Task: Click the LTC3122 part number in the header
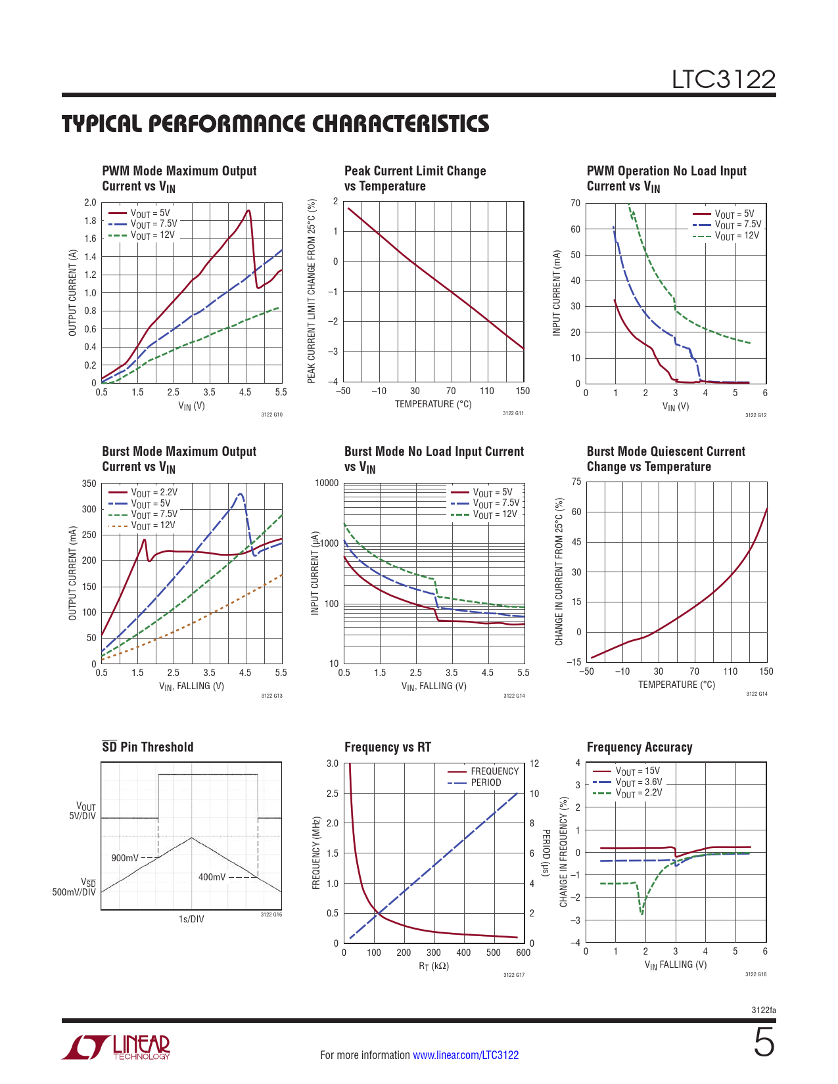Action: [723, 79]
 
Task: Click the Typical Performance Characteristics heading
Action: [275, 124]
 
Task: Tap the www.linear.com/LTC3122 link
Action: [465, 1055]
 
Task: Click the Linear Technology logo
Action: [116, 1047]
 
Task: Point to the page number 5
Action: [764, 1043]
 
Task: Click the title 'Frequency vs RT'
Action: [388, 748]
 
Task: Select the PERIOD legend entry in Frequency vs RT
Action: [486, 782]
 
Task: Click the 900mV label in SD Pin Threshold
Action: [125, 858]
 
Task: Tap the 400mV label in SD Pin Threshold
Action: [212, 877]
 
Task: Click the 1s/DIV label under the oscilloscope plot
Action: [191, 919]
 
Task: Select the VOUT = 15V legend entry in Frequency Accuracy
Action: [638, 771]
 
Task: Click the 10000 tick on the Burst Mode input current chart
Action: [327, 484]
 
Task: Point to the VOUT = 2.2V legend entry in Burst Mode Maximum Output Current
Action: [154, 493]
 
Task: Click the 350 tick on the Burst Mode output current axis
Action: [89, 484]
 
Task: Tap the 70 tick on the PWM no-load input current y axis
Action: [575, 204]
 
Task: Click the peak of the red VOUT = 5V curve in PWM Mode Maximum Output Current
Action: [248, 211]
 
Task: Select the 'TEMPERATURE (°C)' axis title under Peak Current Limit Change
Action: [433, 405]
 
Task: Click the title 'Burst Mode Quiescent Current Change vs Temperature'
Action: [665, 459]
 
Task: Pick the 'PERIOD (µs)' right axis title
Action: [545, 853]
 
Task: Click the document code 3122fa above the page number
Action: [764, 1010]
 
